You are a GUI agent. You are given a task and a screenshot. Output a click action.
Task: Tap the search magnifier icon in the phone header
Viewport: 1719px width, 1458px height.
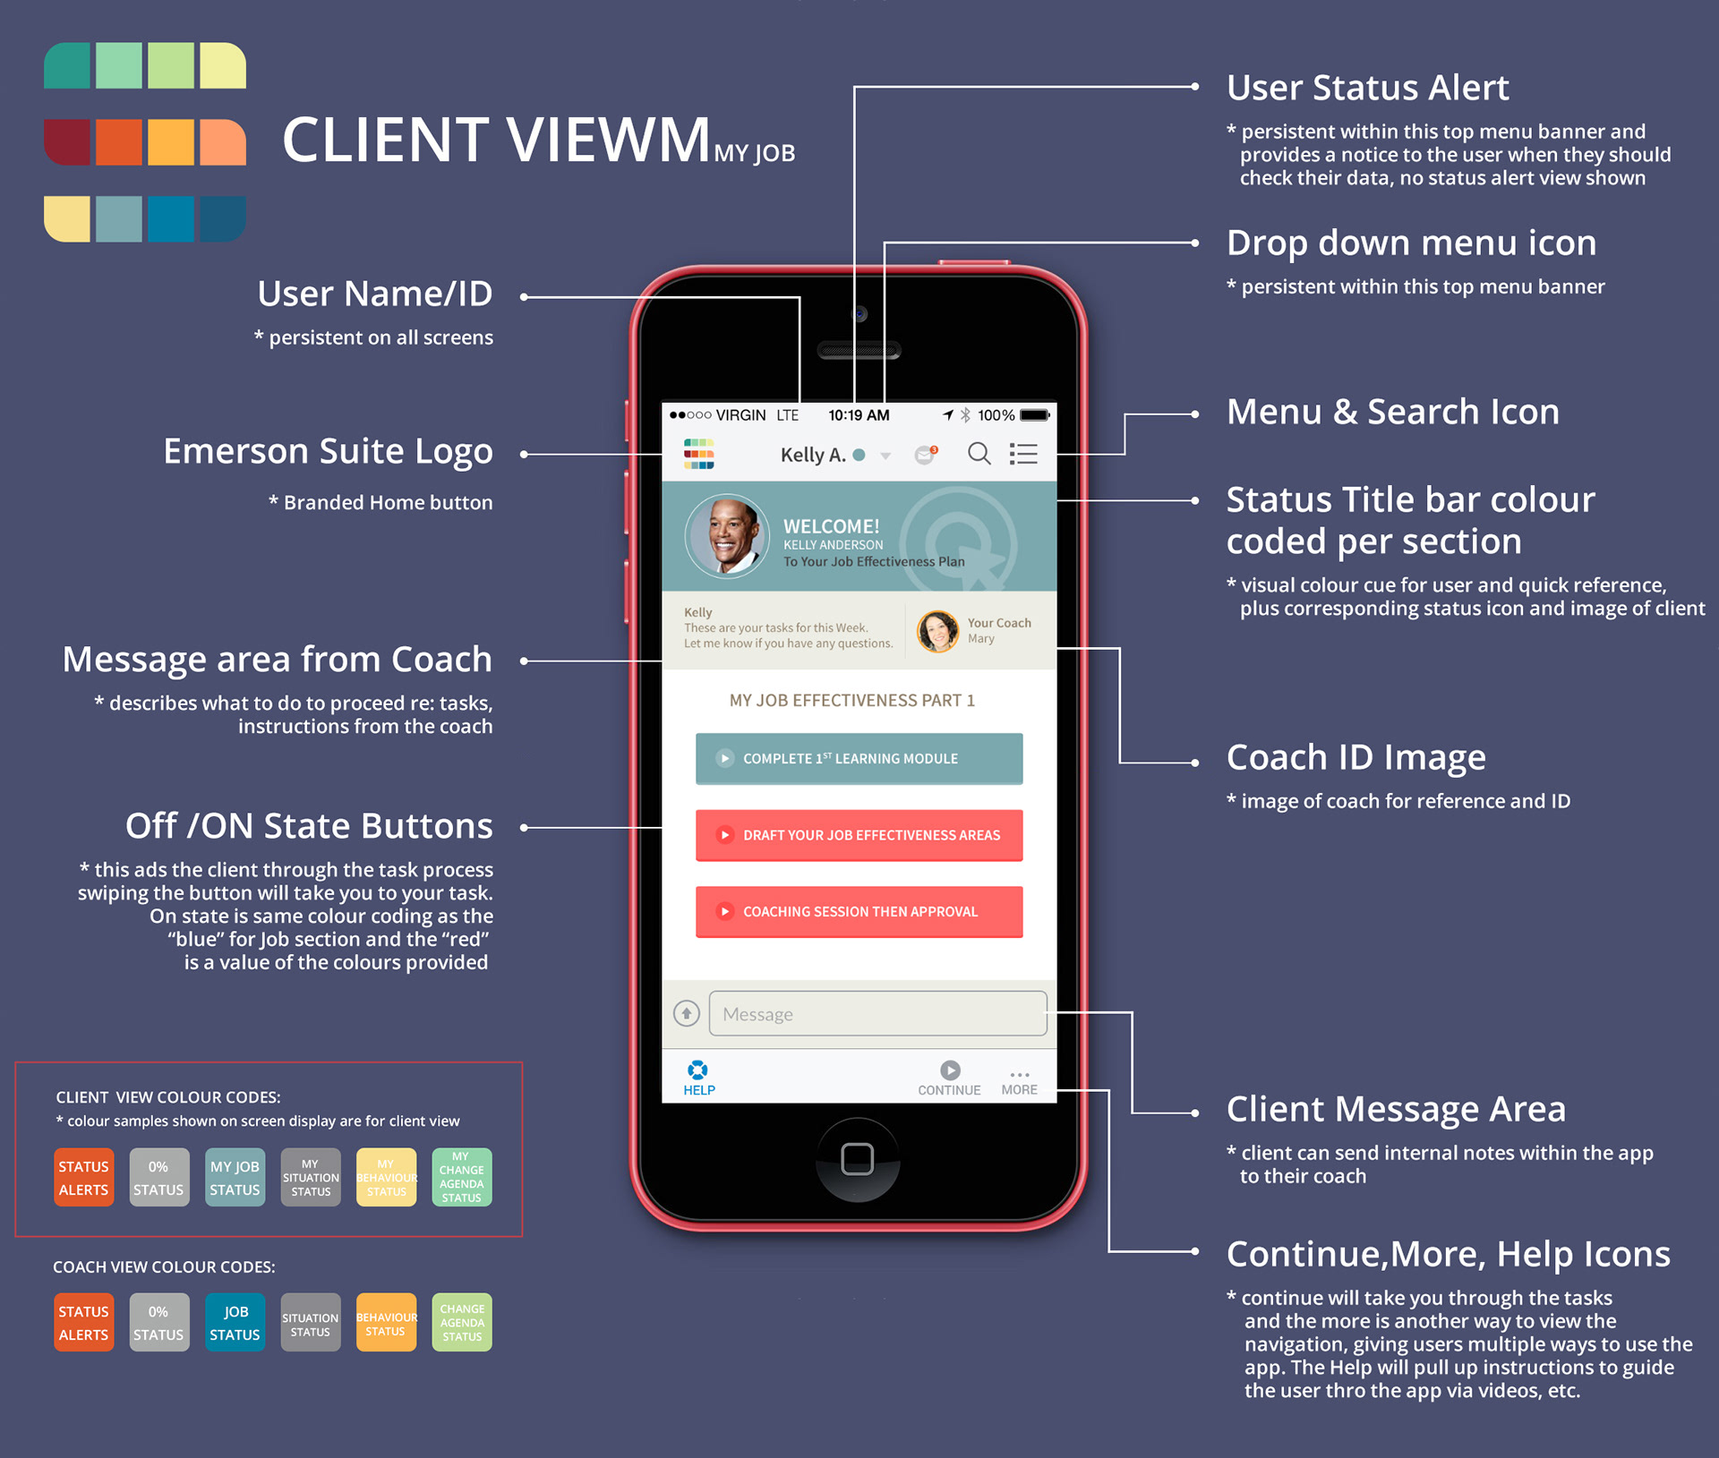point(979,454)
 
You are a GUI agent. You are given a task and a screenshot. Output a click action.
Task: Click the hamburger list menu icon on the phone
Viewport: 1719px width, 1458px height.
point(1023,454)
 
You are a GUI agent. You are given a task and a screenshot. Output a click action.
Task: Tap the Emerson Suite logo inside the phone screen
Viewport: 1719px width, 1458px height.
point(698,454)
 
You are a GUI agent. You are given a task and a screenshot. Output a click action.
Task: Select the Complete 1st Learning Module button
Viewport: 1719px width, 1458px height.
point(859,758)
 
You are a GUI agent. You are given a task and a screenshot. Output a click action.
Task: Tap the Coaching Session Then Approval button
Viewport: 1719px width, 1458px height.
point(859,911)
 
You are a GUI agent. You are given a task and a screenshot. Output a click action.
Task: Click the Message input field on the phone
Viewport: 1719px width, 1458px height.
point(877,1013)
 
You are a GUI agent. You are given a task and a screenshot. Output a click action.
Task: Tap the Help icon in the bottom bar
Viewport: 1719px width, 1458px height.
point(698,1070)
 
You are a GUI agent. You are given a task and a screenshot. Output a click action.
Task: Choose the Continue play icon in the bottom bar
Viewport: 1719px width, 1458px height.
point(950,1070)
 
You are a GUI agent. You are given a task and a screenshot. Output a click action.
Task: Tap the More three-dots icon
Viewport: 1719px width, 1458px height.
point(1019,1074)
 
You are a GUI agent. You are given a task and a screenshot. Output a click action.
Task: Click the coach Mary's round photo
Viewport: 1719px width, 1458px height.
point(937,631)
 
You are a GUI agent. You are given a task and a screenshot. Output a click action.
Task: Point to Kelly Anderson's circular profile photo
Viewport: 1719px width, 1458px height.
point(727,535)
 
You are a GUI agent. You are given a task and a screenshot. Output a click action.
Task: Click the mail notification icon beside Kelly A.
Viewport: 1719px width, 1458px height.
point(925,455)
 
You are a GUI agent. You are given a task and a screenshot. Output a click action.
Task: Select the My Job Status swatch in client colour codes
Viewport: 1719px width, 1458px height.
point(235,1177)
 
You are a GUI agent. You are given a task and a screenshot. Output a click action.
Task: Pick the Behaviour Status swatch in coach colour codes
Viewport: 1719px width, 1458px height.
point(386,1322)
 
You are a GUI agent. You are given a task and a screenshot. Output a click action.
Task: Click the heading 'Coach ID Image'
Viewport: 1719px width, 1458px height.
point(1356,757)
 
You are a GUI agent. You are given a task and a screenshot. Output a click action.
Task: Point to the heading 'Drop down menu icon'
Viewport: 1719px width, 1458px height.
point(1411,243)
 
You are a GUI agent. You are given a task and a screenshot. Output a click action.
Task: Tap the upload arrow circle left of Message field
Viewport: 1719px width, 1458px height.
point(687,1013)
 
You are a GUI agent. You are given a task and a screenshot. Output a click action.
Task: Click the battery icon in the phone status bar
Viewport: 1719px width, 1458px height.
point(1034,415)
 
